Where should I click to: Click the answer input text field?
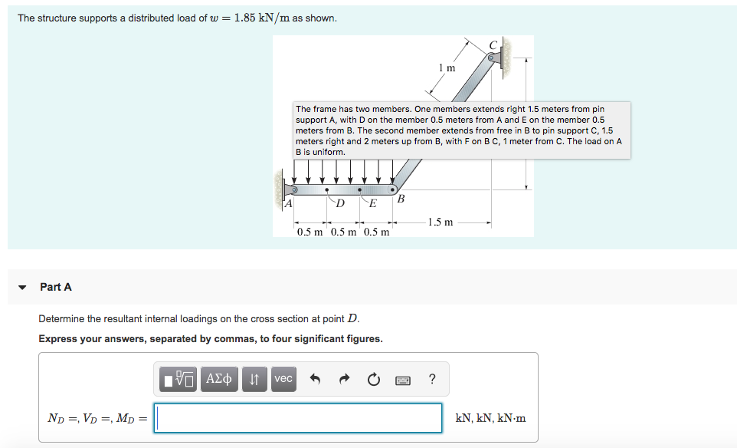[x=298, y=418]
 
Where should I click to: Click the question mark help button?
[x=432, y=379]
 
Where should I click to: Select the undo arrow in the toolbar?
[x=314, y=379]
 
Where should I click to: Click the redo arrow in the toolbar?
[x=344, y=379]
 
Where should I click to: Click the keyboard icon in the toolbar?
[x=403, y=379]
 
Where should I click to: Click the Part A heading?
[x=56, y=287]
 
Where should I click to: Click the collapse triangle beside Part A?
[x=23, y=288]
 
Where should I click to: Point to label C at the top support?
[x=493, y=44]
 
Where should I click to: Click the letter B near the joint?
[x=401, y=199]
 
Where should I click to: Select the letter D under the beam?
[x=340, y=203]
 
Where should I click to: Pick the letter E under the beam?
[x=373, y=203]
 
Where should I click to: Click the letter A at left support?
[x=288, y=204]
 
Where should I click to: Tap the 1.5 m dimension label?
[x=440, y=222]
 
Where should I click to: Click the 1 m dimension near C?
[x=447, y=68]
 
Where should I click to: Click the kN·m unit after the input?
[x=509, y=418]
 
